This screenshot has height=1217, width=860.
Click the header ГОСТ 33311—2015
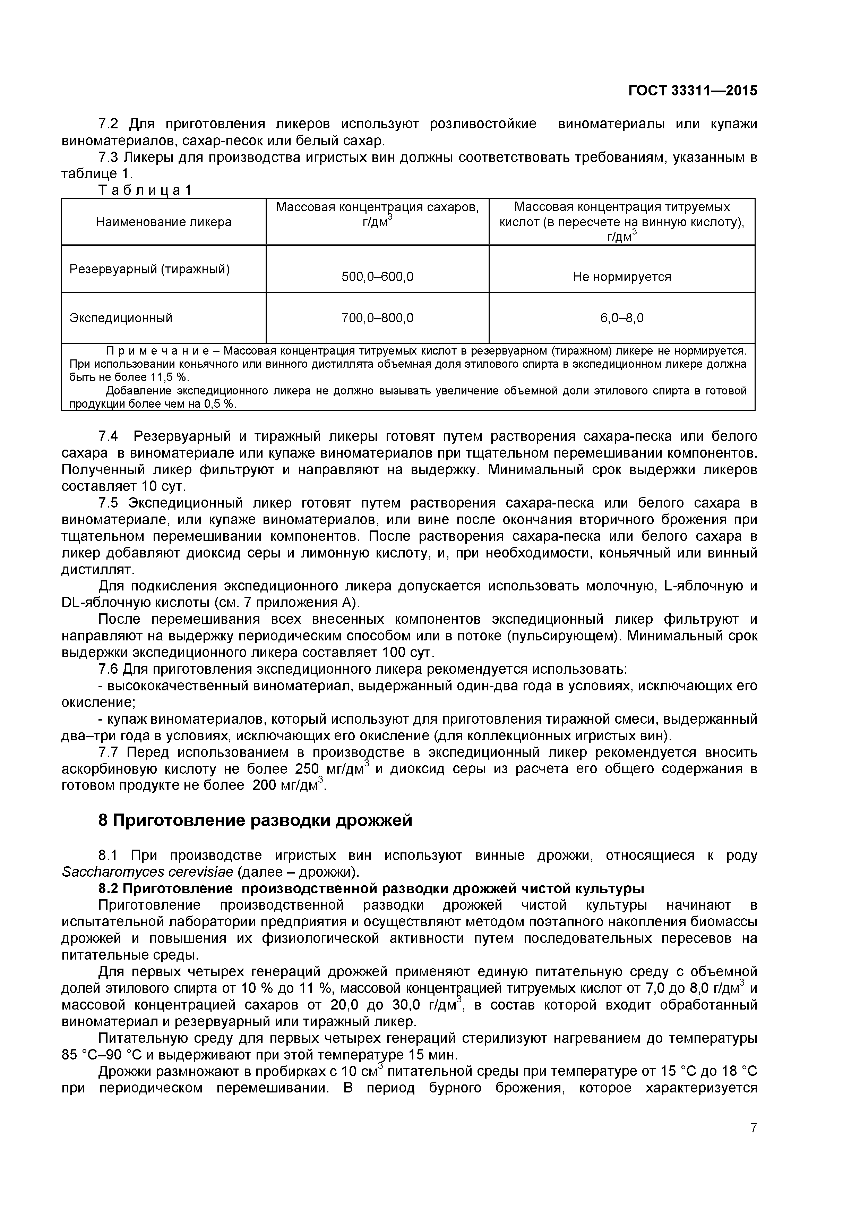(693, 91)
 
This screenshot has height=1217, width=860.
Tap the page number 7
(753, 1142)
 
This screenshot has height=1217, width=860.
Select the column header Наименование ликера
(163, 222)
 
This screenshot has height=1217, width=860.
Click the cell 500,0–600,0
(377, 277)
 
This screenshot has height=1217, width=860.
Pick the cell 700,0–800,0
(377, 318)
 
